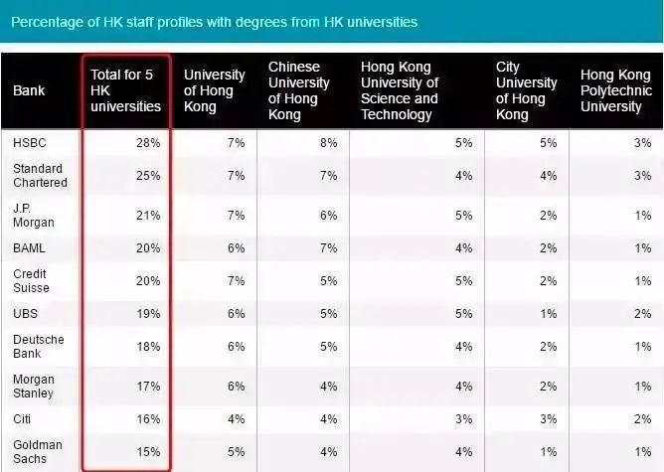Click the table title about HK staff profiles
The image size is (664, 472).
[214, 21]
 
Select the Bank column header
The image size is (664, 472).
[29, 90]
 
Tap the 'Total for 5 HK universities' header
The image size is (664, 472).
[124, 90]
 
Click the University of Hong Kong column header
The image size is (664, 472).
[215, 90]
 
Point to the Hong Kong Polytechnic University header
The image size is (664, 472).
[616, 90]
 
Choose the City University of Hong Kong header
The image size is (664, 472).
[526, 90]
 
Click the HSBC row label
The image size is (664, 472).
[31, 143]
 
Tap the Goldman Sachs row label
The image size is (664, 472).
[38, 452]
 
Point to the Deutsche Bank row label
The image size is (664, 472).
[39, 347]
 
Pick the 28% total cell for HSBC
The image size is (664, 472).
[148, 143]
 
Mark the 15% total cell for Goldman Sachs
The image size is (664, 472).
[148, 452]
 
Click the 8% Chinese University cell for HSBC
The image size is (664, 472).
[329, 143]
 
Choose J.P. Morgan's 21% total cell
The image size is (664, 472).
[148, 215]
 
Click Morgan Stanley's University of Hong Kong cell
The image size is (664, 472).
[236, 387]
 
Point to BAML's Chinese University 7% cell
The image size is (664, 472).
[329, 248]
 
